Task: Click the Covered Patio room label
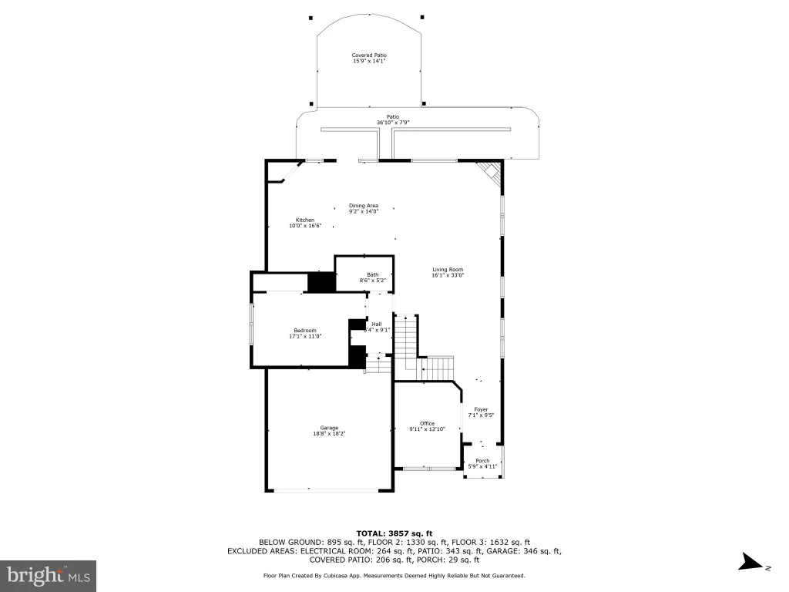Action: (x=369, y=55)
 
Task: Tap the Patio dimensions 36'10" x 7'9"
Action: (x=393, y=123)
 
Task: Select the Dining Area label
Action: (x=364, y=205)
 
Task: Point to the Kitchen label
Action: (x=305, y=220)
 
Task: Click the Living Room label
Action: (x=448, y=269)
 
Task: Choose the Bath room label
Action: (x=372, y=275)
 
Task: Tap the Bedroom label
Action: (x=305, y=330)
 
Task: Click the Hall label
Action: (x=376, y=325)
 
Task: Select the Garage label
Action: (x=329, y=428)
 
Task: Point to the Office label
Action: (x=427, y=423)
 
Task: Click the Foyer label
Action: (x=481, y=410)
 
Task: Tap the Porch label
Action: (x=482, y=461)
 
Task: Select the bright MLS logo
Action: (x=49, y=576)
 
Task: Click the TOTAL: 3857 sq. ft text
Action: (x=394, y=533)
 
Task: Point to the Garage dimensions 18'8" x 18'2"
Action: (x=329, y=433)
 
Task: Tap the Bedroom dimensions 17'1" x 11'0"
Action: (x=305, y=336)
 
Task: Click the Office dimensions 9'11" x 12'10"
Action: (x=427, y=429)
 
